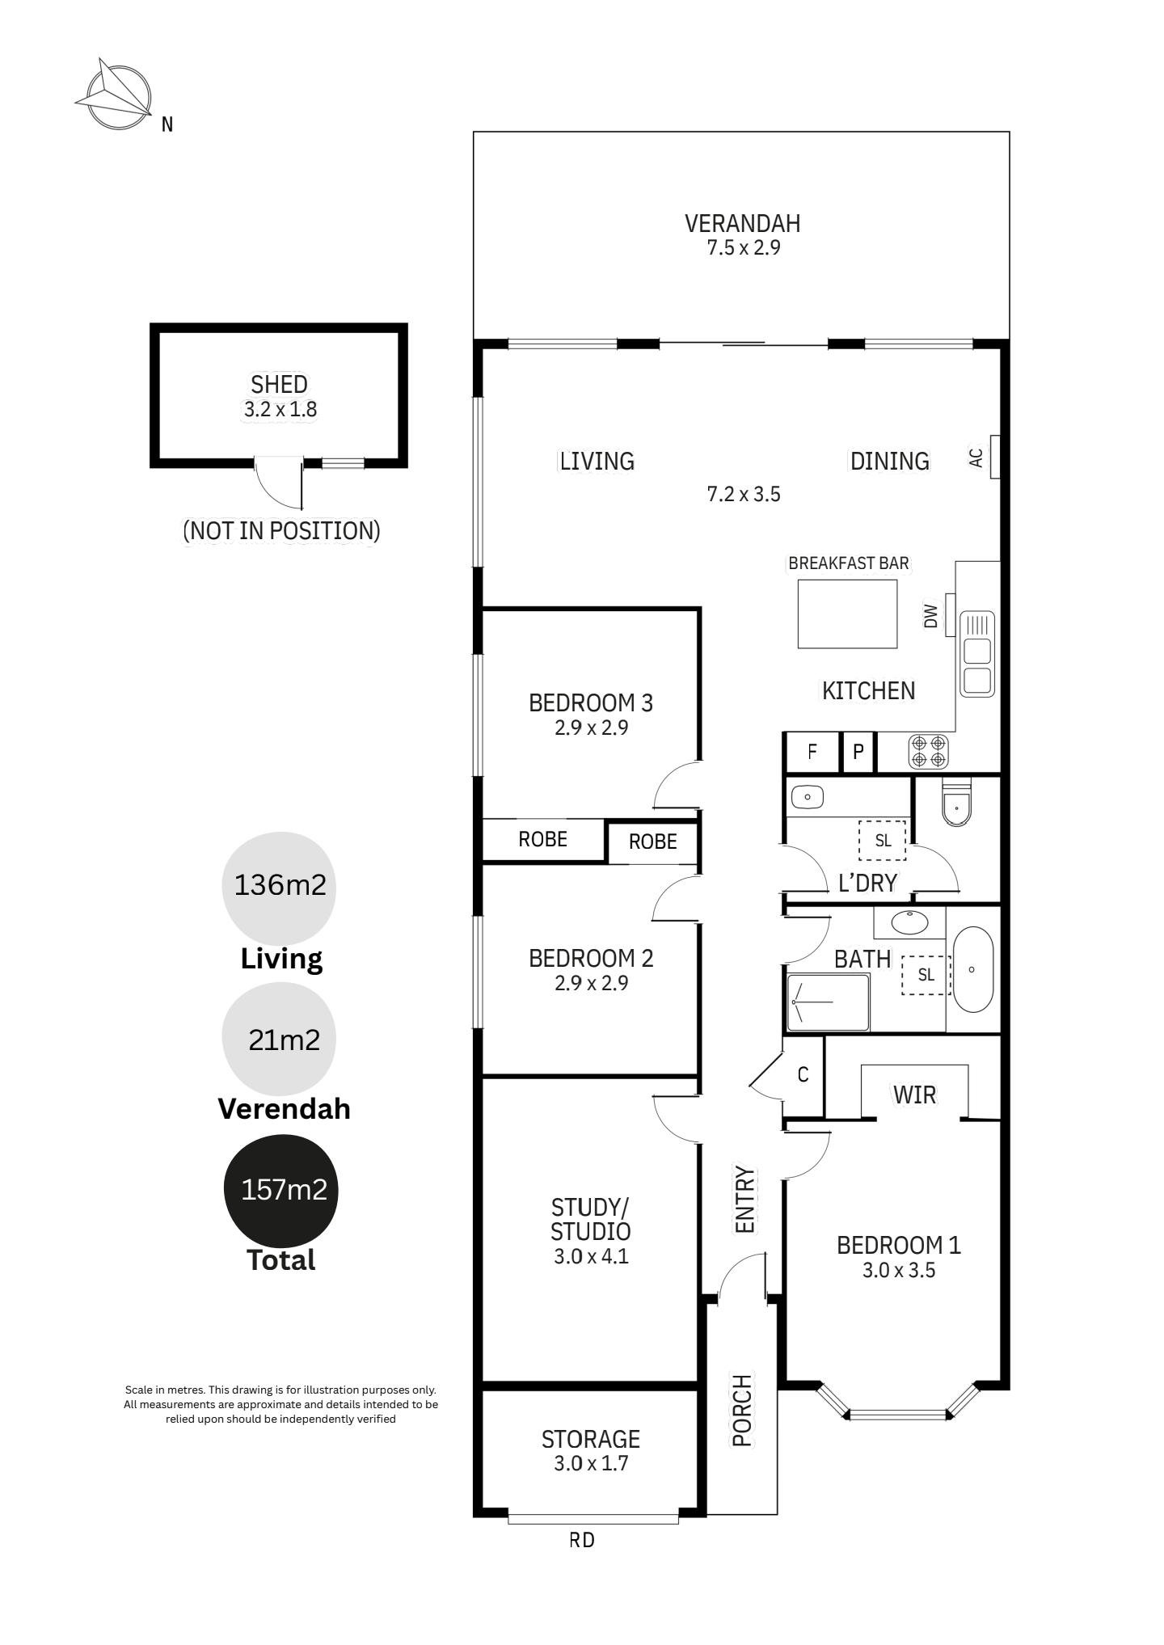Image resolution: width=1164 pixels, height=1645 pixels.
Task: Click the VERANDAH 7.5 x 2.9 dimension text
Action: coord(744,247)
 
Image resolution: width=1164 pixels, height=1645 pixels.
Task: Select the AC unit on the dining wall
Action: coord(995,457)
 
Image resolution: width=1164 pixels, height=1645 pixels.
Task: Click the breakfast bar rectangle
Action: coord(847,614)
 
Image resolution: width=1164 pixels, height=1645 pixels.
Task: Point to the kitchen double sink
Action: coord(977,654)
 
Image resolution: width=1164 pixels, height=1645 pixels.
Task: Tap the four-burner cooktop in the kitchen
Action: coord(928,751)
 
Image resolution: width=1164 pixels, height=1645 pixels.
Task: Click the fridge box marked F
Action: coord(812,752)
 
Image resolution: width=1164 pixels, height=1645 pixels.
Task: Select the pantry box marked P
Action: coord(858,752)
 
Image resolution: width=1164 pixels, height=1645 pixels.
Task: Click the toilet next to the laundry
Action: coord(956,802)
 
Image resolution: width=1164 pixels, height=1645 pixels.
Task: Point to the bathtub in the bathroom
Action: coord(972,969)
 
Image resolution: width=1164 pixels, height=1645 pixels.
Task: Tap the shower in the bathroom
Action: coord(828,1002)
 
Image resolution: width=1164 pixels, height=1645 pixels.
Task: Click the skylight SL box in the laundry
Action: coord(882,841)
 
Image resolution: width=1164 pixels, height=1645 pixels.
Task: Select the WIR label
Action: coord(914,1095)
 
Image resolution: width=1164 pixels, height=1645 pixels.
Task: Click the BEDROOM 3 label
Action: coord(591,702)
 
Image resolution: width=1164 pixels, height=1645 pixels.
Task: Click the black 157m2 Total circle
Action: coord(280,1191)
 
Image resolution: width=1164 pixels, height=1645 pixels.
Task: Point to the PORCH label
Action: coord(742,1410)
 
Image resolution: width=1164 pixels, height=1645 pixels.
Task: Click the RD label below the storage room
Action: coord(582,1540)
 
